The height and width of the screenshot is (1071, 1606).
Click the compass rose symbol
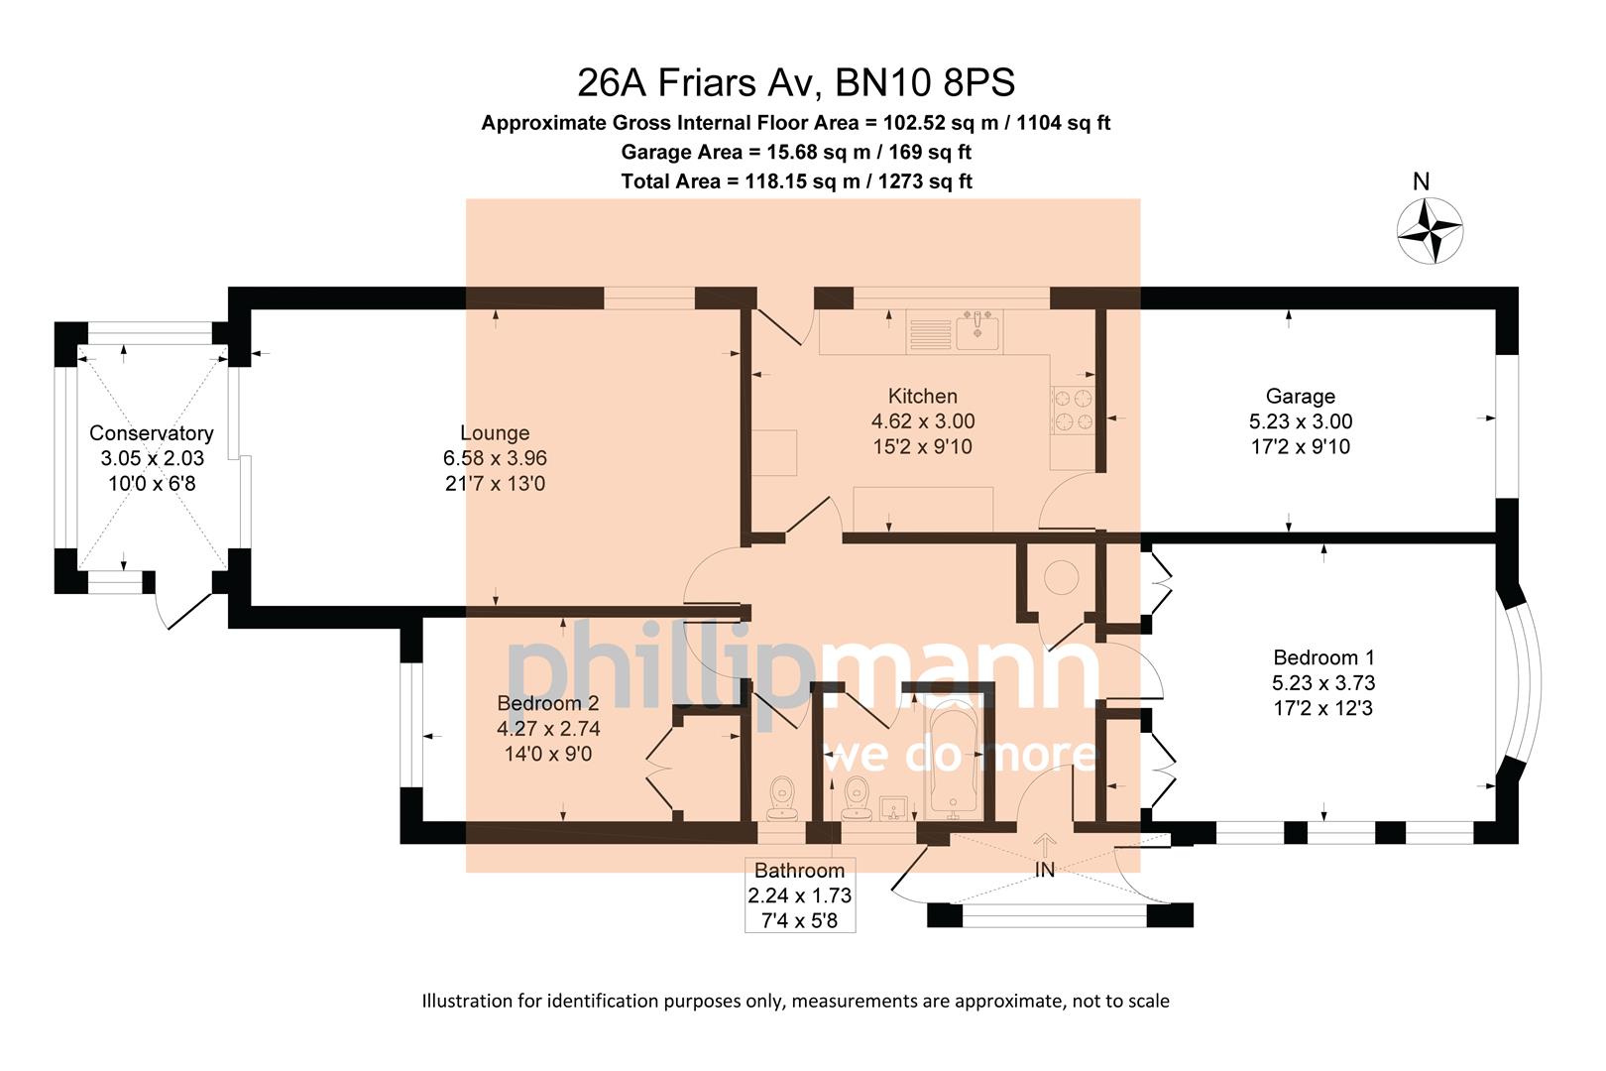coord(1430,231)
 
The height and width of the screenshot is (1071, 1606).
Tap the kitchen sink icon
coord(978,329)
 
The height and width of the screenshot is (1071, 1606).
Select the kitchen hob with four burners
coord(1073,411)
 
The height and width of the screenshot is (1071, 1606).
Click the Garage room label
coord(1300,396)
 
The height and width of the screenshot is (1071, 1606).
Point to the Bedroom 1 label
coord(1323,656)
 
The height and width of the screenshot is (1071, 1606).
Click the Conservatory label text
coord(151,433)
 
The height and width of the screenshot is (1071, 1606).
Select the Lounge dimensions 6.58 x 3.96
coord(495,458)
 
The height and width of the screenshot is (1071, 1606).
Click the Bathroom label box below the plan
coord(799,895)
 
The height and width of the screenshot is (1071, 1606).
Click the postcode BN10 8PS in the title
coord(925,82)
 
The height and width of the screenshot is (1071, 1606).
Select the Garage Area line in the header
coord(795,152)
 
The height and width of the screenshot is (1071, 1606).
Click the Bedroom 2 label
coord(547,703)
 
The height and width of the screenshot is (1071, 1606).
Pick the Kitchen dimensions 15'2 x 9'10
coord(922,447)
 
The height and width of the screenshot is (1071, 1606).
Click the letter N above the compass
coord(1421,181)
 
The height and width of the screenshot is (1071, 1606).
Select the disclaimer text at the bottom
coord(795,1001)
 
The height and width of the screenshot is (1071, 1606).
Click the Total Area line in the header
coord(795,180)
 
